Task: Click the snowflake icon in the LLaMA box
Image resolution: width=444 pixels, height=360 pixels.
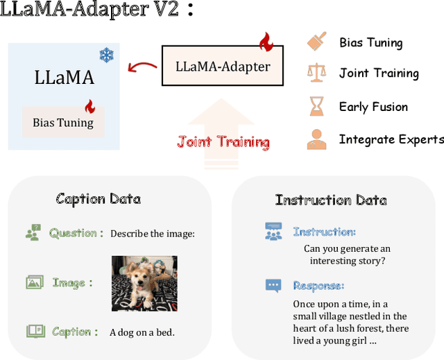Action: [x=105, y=55]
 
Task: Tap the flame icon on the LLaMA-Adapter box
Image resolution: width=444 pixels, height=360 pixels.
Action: [x=265, y=42]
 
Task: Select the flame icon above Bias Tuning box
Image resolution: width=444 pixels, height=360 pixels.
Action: [x=89, y=107]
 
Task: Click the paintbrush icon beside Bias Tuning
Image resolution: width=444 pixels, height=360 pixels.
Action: [x=316, y=41]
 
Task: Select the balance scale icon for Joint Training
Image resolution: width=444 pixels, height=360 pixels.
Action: [x=316, y=72]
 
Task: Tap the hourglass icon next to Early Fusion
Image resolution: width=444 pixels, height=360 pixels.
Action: [x=316, y=106]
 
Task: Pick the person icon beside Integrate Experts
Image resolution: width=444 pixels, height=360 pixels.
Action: [x=316, y=139]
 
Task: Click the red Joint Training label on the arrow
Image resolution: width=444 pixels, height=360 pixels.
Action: [x=223, y=142]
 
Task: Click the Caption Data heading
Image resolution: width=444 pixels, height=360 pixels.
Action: [x=98, y=199]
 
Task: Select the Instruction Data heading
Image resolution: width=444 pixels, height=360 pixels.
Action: [x=331, y=200]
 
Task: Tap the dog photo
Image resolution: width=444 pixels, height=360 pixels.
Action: [x=144, y=283]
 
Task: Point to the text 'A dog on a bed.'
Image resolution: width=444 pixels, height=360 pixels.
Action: [x=142, y=332]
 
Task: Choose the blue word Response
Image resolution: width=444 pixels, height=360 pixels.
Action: [x=318, y=285]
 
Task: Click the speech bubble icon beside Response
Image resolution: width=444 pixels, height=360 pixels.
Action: [x=273, y=285]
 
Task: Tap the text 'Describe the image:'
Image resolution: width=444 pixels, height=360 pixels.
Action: [x=153, y=234]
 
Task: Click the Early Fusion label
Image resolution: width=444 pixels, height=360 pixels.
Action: [x=373, y=107]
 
